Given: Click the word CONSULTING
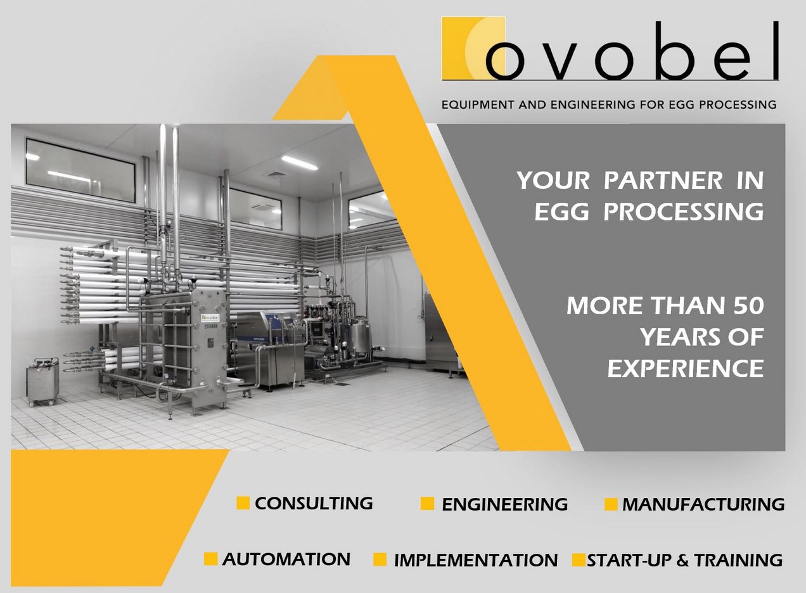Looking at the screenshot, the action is [x=314, y=503].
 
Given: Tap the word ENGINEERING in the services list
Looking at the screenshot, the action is [x=504, y=504].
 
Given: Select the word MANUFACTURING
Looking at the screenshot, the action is [x=703, y=504].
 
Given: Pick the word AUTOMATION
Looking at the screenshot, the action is [x=286, y=559].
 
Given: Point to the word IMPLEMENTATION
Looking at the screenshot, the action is [x=476, y=560].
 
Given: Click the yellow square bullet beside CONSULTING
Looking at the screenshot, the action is [x=243, y=503].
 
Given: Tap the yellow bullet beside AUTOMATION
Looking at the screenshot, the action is [x=210, y=559].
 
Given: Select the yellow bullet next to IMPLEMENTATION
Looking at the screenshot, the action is [x=380, y=559].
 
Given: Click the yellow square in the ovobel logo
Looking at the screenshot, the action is [x=473, y=48].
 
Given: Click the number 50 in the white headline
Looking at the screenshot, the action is [x=749, y=305].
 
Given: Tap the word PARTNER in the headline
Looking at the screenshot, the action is [x=663, y=181].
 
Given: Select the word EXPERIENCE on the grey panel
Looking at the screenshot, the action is [x=686, y=369].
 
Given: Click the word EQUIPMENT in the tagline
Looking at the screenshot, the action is [x=478, y=105].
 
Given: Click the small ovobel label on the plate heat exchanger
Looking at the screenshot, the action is [x=210, y=318].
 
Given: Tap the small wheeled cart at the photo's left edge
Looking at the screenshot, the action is [x=42, y=381].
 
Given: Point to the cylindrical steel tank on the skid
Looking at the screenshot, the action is [x=361, y=337].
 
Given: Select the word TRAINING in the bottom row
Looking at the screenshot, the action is [x=738, y=560].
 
